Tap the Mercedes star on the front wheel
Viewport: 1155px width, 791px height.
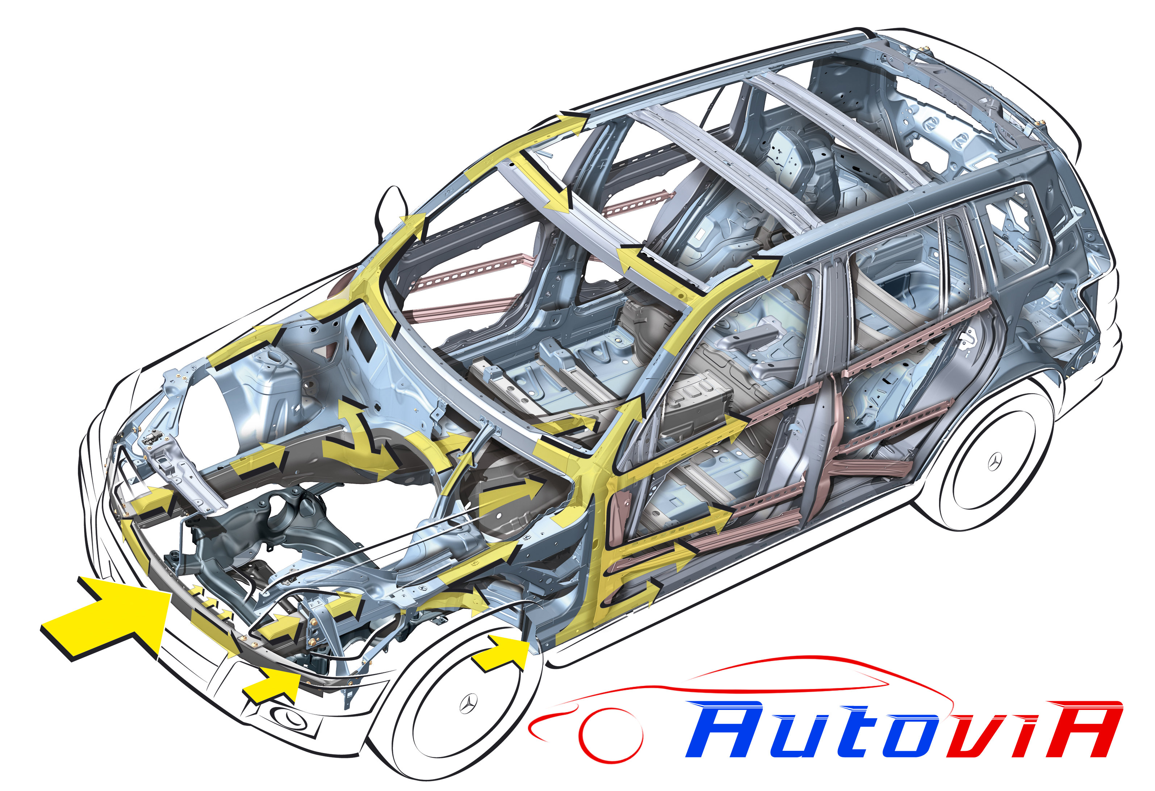coord(468,703)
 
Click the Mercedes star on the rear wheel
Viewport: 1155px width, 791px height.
coord(994,462)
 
